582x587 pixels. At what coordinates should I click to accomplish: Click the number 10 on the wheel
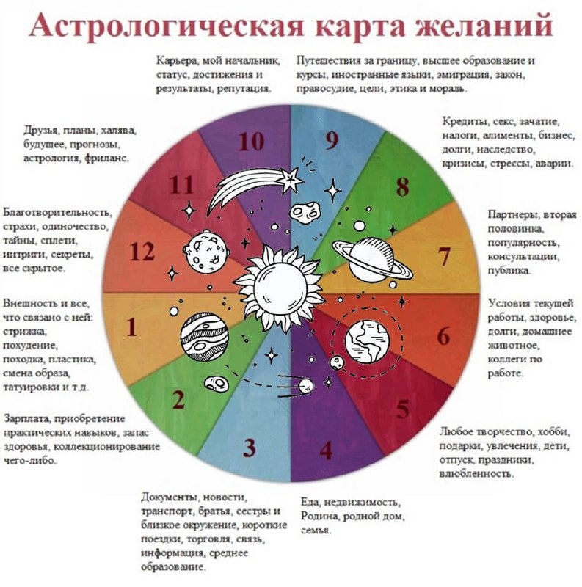pyautogui.click(x=251, y=142)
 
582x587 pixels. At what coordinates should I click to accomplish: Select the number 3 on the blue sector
pyautogui.click(x=249, y=447)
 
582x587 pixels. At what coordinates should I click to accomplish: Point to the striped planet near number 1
pyautogui.click(x=201, y=335)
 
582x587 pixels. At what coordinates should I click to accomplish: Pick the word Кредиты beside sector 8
pyautogui.click(x=463, y=120)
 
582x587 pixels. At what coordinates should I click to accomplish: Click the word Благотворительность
pyautogui.click(x=57, y=213)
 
